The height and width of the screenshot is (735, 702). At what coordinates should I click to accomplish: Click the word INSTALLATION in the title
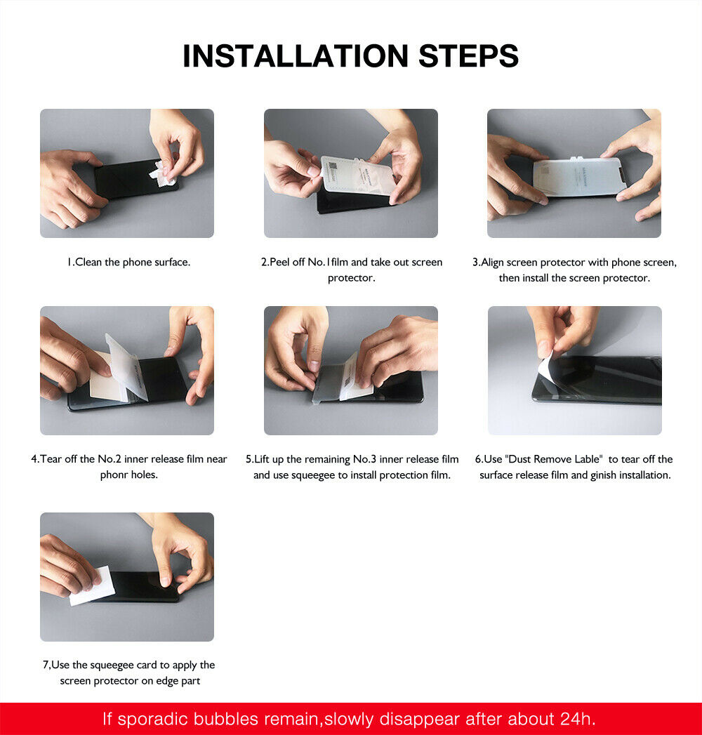[x=295, y=56]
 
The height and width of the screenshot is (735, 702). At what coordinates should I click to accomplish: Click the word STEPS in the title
[x=468, y=56]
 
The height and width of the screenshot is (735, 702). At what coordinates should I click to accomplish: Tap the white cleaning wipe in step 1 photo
[x=163, y=173]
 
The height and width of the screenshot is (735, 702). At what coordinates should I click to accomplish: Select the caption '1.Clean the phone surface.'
[x=128, y=263]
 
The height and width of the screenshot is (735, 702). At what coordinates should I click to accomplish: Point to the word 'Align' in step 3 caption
[x=494, y=263]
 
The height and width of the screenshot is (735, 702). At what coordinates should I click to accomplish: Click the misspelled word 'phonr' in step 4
[x=114, y=475]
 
